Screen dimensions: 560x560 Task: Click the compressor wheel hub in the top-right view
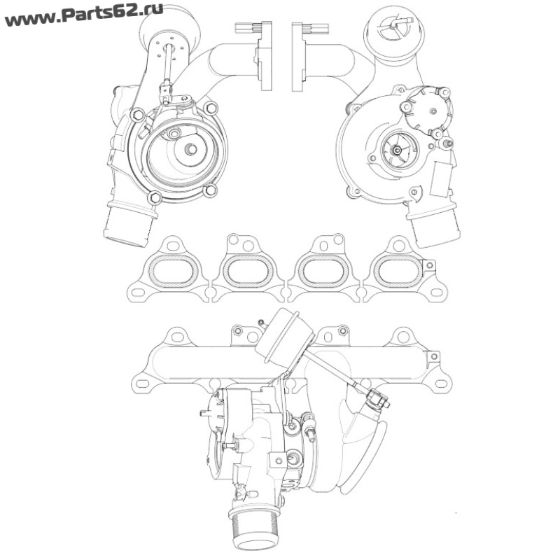[x=395, y=150]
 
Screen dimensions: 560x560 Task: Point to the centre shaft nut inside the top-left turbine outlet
[x=190, y=149]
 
